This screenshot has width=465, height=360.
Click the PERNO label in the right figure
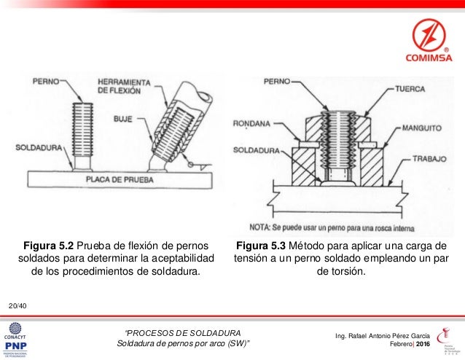click(276, 80)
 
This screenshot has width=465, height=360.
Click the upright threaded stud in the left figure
click(84, 131)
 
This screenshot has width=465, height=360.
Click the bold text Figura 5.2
click(50, 244)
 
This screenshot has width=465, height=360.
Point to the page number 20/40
click(17, 303)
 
